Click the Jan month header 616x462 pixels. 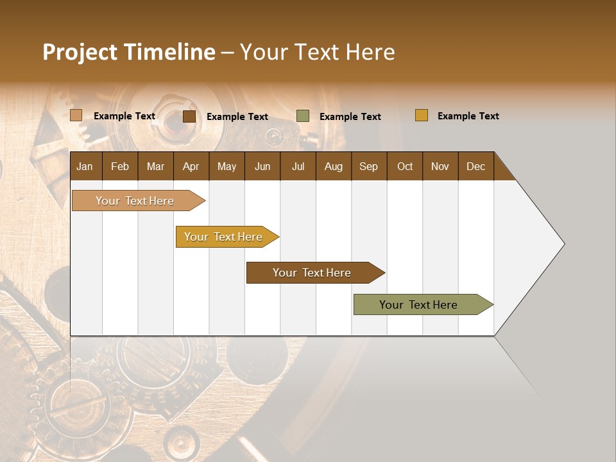click(85, 166)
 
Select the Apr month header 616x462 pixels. click(191, 166)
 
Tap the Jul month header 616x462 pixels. click(298, 166)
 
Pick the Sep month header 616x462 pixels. click(368, 166)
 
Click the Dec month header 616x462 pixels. click(475, 166)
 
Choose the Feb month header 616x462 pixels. click(120, 166)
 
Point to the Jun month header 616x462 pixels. click(262, 166)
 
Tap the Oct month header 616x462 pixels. click(405, 166)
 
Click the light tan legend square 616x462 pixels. click(76, 116)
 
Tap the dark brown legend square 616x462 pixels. click(189, 116)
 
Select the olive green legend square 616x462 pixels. click(303, 116)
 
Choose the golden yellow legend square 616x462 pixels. click(422, 116)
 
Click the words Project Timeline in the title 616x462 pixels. click(128, 52)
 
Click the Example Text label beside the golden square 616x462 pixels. click(468, 116)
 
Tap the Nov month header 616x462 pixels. click(440, 166)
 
